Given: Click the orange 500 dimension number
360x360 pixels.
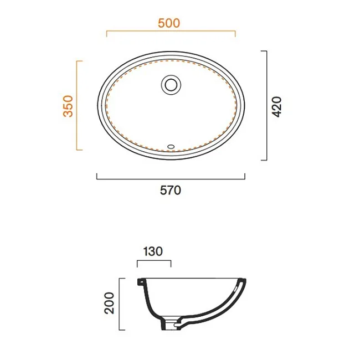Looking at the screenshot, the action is coord(169,23).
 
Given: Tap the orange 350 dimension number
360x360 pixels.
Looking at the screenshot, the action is coord(68,106).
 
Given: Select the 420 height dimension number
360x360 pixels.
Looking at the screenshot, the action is coord(276,107).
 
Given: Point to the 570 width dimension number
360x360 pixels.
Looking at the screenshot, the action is coord(171,191).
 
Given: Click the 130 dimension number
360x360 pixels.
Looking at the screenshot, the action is coord(153,251).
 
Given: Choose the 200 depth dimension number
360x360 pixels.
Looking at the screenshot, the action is coord(109,303).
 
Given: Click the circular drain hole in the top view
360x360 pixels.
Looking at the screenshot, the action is coord(171,85).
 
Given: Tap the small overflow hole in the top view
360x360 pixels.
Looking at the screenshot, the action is coord(171,146).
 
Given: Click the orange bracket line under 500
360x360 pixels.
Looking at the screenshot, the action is coord(171,31).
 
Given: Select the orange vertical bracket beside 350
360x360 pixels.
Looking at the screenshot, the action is coord(77,106).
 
